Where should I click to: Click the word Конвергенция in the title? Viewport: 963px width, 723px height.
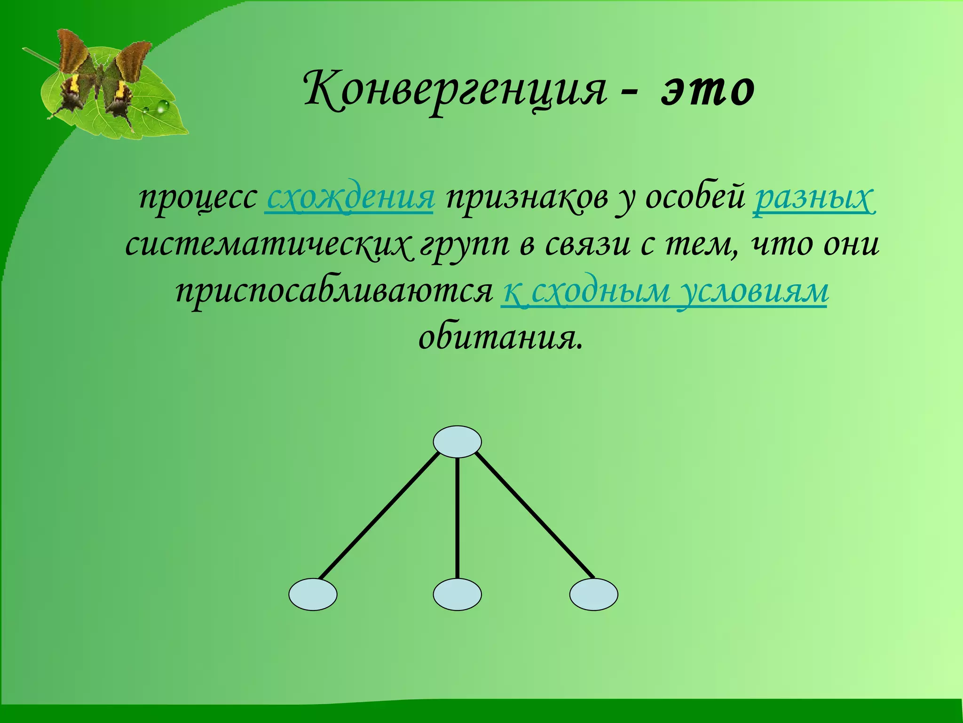[x=454, y=89]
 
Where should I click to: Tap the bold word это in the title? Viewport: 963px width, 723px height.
[x=708, y=89]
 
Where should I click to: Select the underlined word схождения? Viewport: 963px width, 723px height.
[x=349, y=198]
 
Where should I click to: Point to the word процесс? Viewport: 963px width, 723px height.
[x=197, y=198]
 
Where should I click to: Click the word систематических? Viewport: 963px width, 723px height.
[x=268, y=245]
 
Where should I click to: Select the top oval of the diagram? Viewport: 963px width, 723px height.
[x=457, y=442]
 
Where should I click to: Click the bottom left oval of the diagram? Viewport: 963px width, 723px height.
[x=313, y=594]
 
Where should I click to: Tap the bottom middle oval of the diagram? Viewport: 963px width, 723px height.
[x=457, y=594]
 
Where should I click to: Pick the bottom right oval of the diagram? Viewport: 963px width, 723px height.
[x=593, y=594]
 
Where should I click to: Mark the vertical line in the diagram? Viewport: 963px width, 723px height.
[x=457, y=518]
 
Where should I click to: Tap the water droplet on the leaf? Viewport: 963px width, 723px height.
[x=163, y=107]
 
